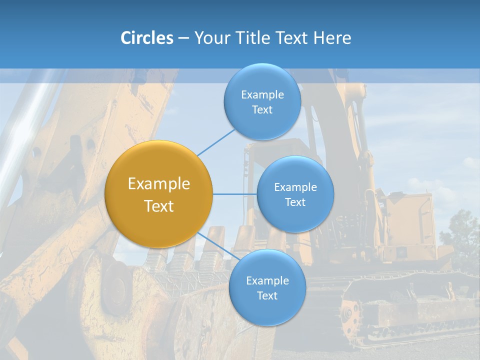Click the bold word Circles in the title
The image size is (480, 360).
pos(146,38)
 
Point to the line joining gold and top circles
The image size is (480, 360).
pos(216,142)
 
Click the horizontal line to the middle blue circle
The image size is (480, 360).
pos(235,194)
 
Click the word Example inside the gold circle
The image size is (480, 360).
pos(159,184)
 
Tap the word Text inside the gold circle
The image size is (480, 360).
pos(159,206)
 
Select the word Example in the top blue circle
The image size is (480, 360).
pos(262,95)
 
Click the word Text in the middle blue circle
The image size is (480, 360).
pos(295,202)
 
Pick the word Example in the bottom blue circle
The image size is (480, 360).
pos(267,280)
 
